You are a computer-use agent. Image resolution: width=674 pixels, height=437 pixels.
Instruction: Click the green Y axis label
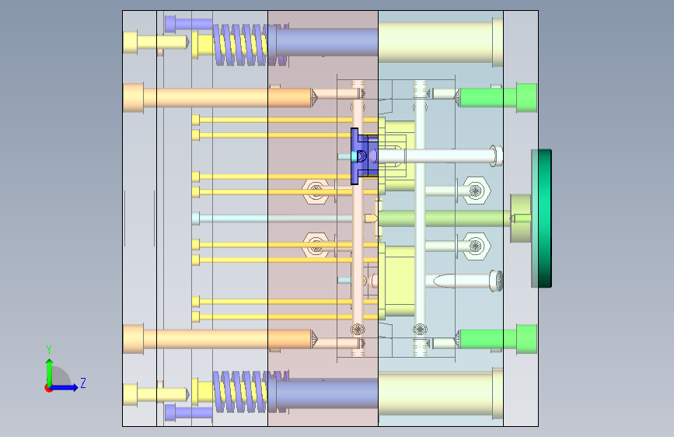(49, 349)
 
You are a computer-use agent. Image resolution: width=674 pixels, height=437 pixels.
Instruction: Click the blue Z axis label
(83, 383)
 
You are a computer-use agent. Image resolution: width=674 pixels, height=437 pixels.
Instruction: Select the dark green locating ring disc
(542, 218)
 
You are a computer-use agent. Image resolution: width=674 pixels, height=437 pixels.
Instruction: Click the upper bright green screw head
(526, 98)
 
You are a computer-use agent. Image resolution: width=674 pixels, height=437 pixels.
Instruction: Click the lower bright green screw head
(526, 339)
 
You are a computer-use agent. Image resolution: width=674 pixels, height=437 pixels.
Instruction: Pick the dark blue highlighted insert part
(364, 156)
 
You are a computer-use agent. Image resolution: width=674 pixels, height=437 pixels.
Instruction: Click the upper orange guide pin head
(133, 98)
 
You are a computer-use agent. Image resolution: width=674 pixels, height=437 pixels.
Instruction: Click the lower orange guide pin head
(133, 339)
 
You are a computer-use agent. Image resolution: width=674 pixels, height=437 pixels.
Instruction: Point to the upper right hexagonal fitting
(477, 190)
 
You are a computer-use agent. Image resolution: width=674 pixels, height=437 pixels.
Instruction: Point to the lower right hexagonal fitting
(477, 246)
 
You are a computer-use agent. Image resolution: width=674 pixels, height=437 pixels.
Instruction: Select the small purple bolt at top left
(188, 23)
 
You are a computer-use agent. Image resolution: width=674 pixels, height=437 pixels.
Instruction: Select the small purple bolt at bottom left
(188, 413)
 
